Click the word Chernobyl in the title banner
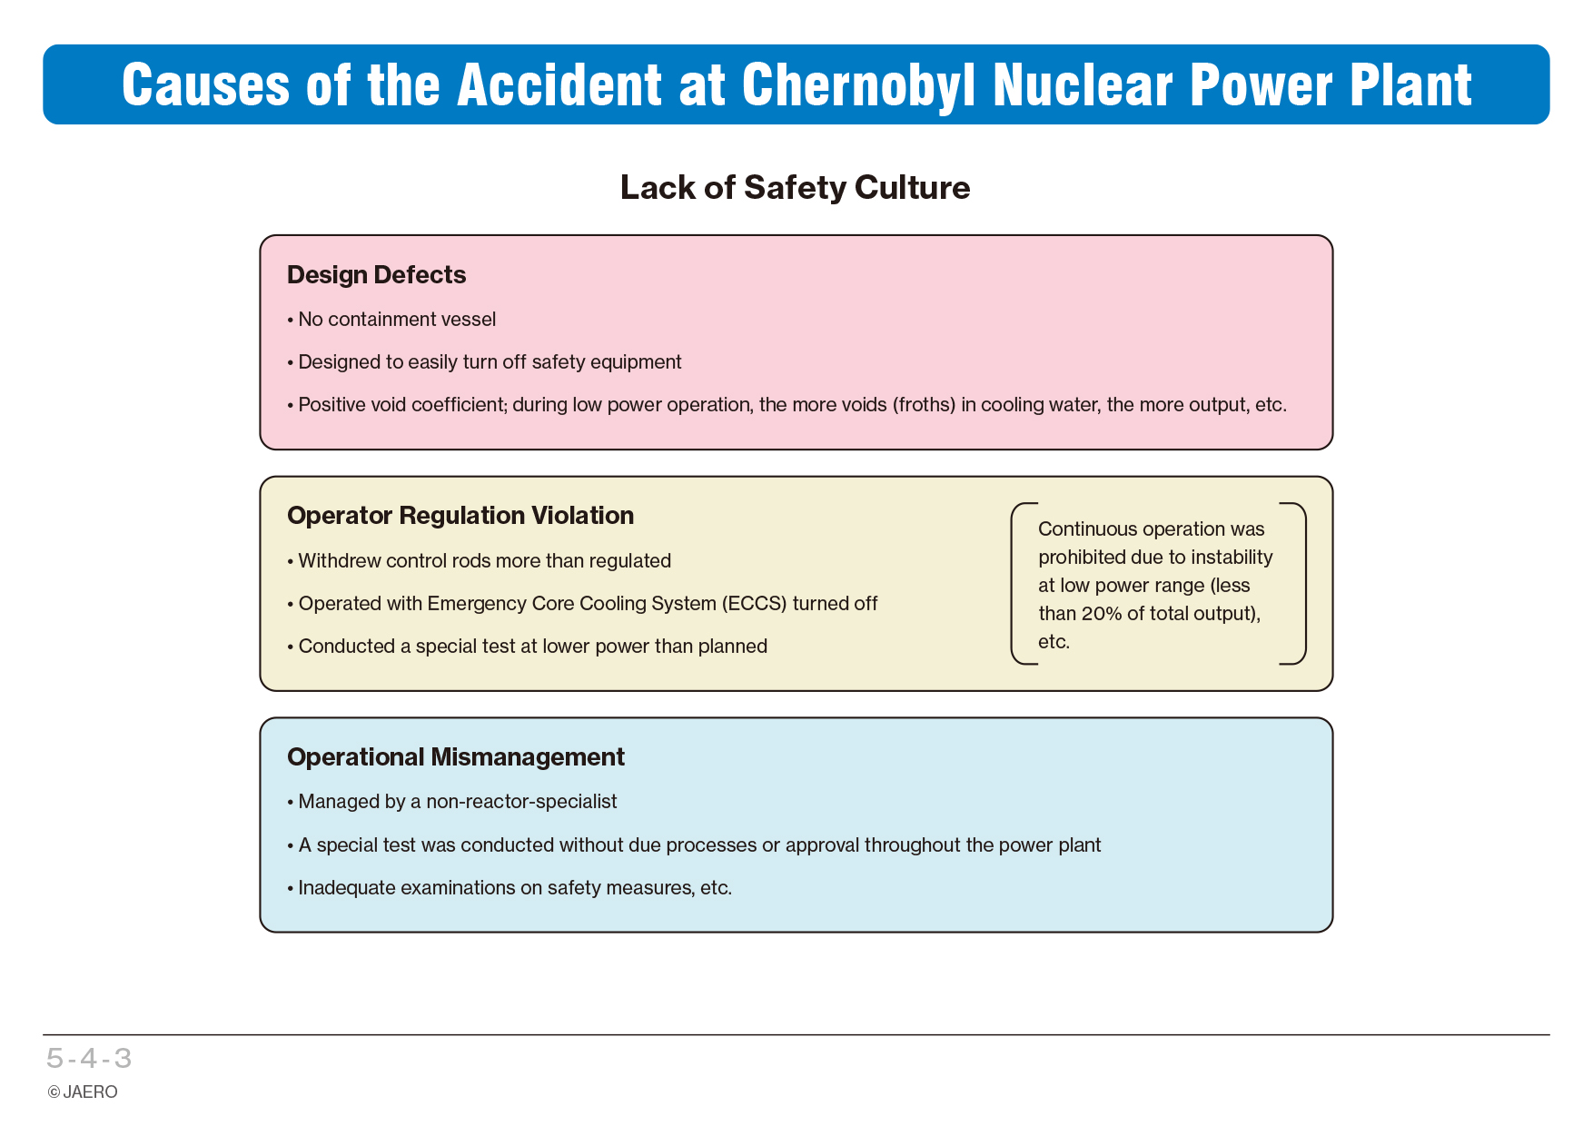coord(858,85)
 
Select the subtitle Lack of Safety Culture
coord(796,187)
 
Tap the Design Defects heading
coord(376,274)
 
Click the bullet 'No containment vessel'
coord(391,320)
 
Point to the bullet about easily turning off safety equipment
coord(484,362)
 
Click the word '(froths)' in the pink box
coord(924,405)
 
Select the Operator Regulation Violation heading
coord(460,516)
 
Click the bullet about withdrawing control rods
coord(480,561)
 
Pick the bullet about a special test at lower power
coord(528,647)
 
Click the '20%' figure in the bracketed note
coord(1102,614)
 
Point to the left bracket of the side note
coord(1013,584)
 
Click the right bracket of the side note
coord(1304,584)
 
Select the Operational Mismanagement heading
coord(456,757)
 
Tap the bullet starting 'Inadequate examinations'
coord(510,888)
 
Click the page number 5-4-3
coord(90,1059)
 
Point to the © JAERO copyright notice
coord(83,1092)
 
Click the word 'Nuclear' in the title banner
coord(1083,85)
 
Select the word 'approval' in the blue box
coord(822,845)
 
